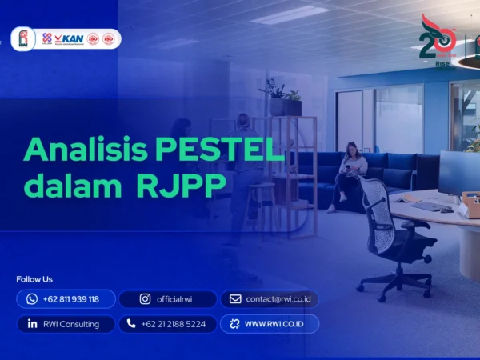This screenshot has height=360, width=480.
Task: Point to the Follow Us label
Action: (x=34, y=279)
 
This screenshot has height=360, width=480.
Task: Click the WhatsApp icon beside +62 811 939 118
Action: (x=32, y=299)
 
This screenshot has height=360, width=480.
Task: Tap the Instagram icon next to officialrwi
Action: (x=145, y=299)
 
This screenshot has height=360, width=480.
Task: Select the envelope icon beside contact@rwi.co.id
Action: (x=235, y=299)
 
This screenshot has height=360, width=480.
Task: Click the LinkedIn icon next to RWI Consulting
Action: (x=32, y=324)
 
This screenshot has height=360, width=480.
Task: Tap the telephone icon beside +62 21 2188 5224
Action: (x=130, y=324)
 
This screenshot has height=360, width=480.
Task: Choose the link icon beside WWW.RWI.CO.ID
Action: (x=234, y=324)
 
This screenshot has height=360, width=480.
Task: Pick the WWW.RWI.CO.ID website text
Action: (x=277, y=324)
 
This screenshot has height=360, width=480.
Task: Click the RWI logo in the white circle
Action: (x=23, y=38)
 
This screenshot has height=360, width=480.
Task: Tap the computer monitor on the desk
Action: (x=459, y=172)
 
